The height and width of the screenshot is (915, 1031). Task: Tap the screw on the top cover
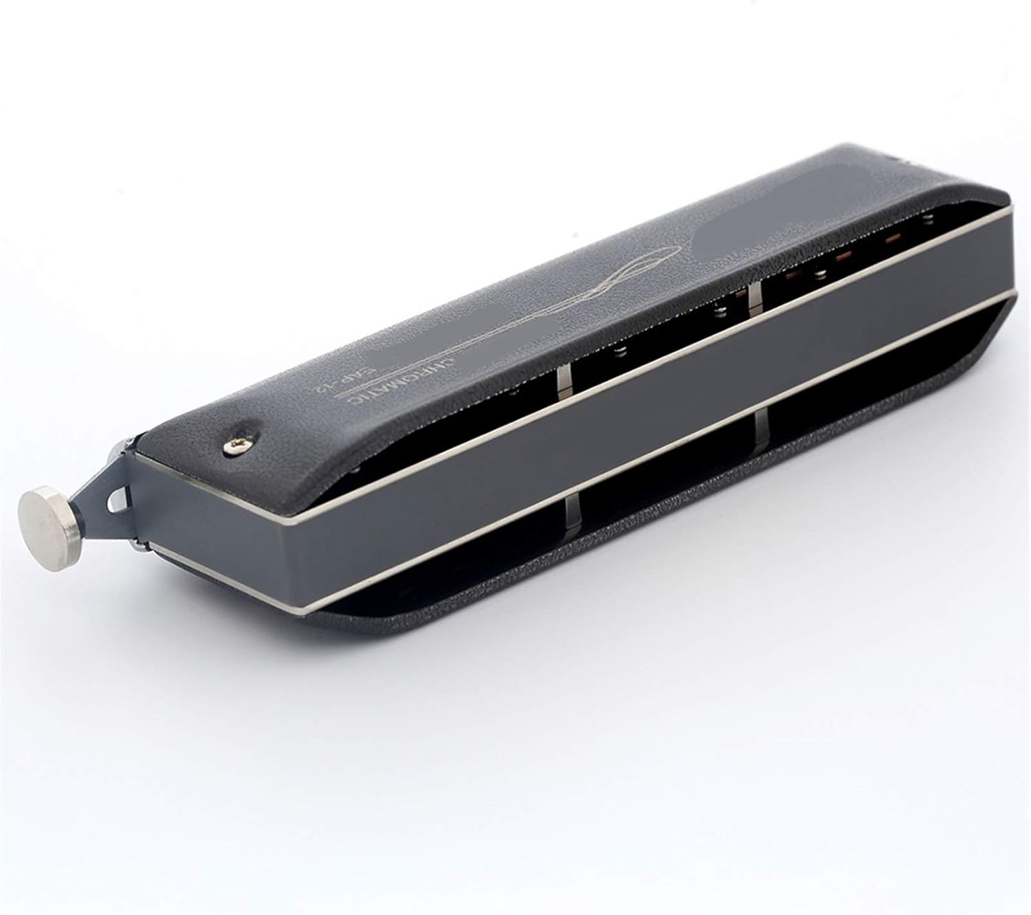pyautogui.click(x=232, y=448)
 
